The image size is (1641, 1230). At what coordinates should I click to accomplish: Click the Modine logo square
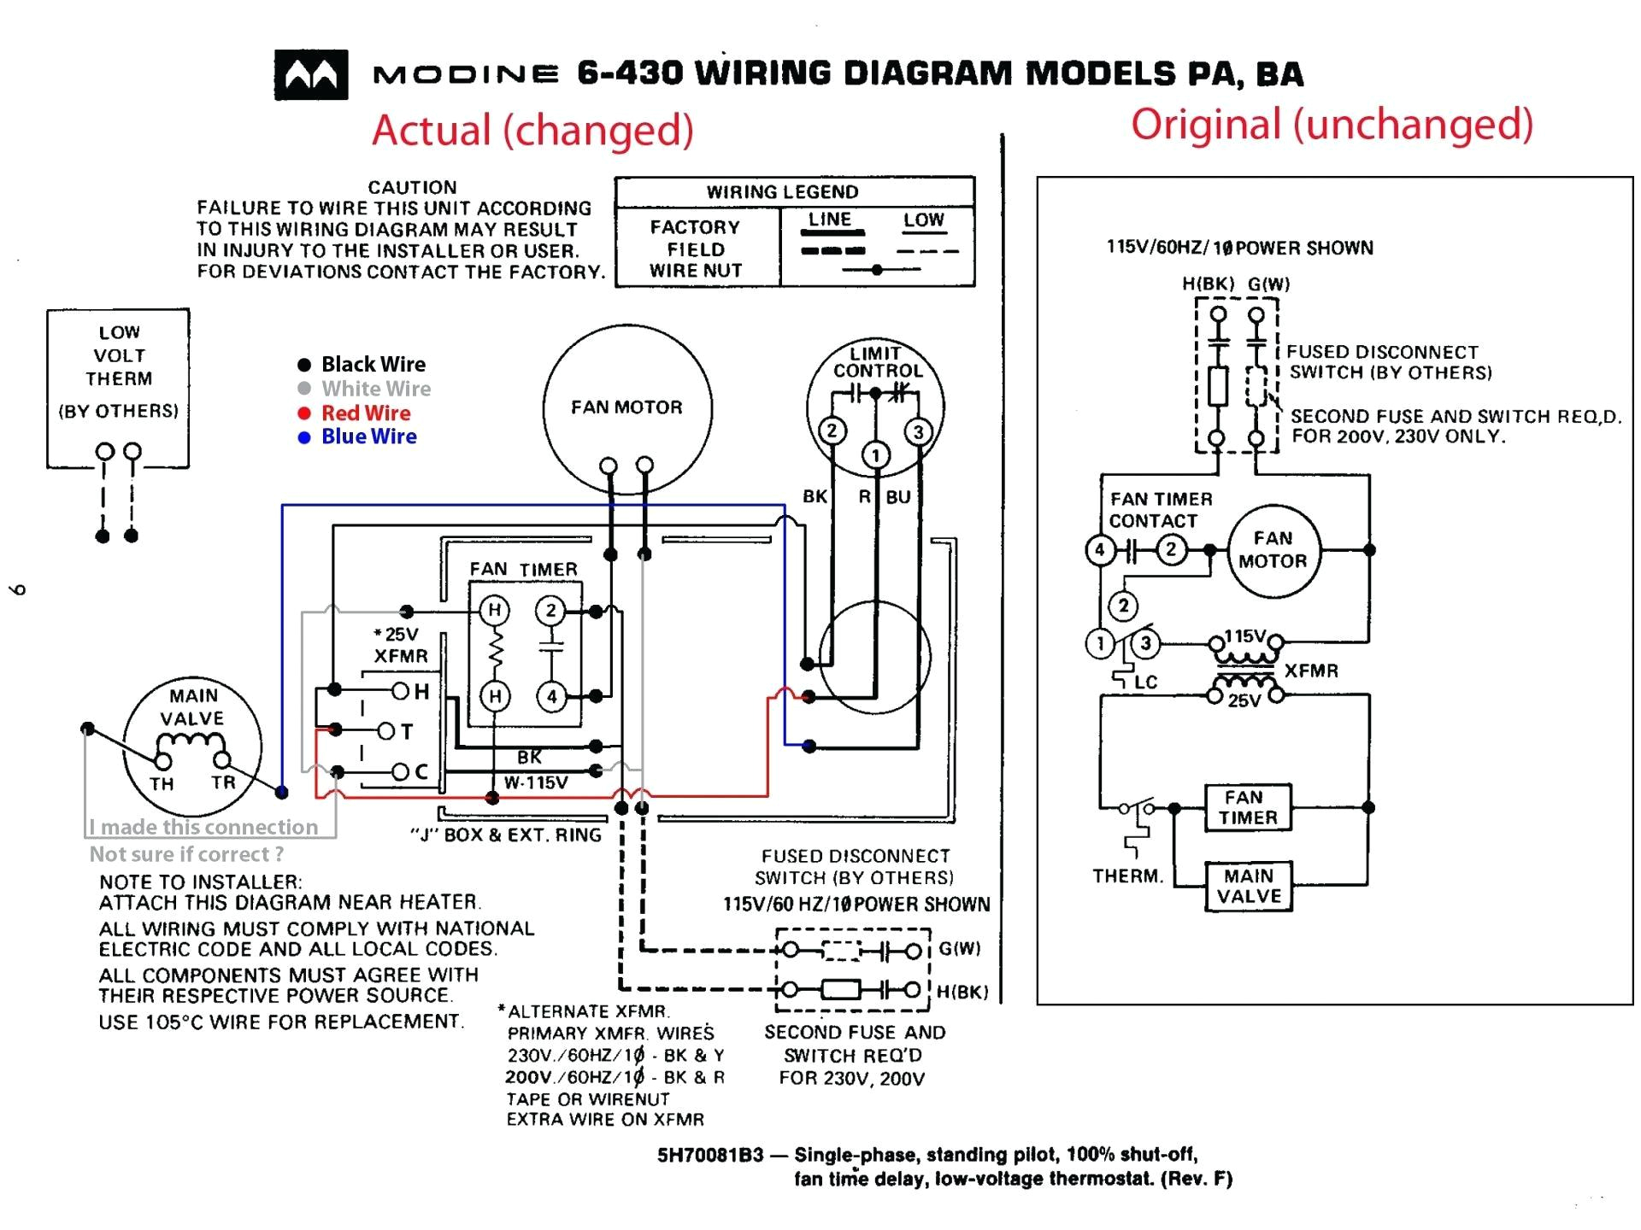point(311,75)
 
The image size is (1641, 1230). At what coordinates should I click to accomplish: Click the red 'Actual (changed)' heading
point(532,131)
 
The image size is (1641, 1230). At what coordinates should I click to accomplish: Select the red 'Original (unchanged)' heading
point(1332,125)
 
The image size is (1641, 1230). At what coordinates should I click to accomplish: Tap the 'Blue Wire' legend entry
point(368,436)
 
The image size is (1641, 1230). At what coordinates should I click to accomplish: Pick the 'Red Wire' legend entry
point(365,413)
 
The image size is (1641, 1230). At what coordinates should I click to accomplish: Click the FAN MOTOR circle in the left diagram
point(626,407)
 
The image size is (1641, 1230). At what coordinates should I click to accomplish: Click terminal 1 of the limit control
point(874,455)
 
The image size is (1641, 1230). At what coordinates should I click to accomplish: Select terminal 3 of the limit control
point(919,431)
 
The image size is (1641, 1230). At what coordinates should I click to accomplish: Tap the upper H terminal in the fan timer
point(494,610)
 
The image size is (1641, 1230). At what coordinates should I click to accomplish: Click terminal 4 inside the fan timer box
point(551,696)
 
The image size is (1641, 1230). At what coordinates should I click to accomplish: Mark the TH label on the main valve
point(162,784)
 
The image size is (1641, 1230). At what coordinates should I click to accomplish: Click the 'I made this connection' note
point(203,827)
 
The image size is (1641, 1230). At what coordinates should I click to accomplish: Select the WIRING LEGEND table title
point(782,192)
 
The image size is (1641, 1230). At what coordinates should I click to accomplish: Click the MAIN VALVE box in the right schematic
point(1249,886)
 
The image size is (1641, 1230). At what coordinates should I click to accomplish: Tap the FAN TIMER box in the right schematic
point(1247,807)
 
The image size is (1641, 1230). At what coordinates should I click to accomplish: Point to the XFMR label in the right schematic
point(1310,671)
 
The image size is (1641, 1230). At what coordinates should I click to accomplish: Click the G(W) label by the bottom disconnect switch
point(959,949)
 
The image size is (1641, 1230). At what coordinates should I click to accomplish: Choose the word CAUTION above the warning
point(412,187)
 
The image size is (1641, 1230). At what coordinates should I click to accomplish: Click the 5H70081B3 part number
point(709,1155)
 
